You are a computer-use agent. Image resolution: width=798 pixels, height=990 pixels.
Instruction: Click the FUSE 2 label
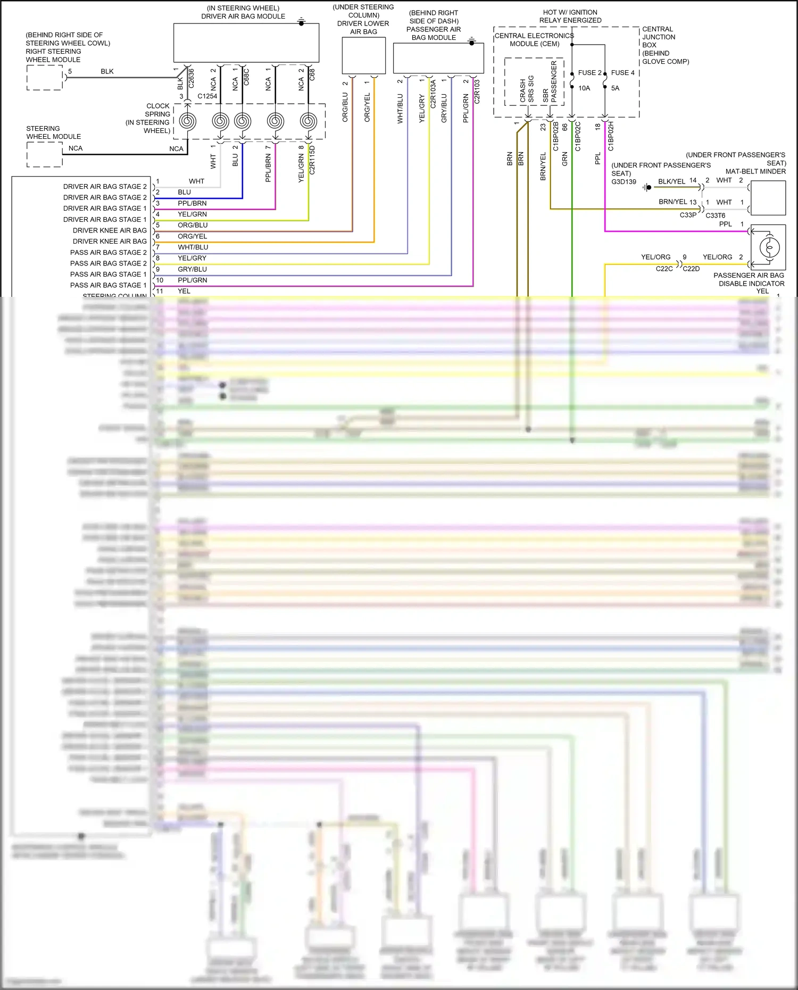[x=589, y=73]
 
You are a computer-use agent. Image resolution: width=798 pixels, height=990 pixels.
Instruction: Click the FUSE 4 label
[x=622, y=73]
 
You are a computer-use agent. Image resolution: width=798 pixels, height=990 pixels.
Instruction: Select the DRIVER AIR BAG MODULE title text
[x=243, y=16]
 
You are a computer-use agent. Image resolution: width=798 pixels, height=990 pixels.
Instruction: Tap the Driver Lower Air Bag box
[x=363, y=55]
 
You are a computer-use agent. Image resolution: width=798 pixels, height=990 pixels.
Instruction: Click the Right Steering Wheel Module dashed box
[x=45, y=78]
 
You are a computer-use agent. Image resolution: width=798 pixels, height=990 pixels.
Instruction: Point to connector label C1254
[x=207, y=96]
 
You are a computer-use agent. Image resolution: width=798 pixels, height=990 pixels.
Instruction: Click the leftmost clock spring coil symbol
[x=187, y=121]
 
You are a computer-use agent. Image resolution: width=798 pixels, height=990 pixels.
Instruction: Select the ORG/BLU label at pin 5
[x=193, y=225]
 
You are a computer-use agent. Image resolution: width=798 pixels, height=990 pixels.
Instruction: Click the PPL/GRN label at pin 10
[x=193, y=280]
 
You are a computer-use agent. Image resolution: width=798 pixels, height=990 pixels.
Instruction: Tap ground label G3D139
[x=624, y=182]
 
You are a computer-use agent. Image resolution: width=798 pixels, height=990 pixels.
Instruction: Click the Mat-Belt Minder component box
[x=767, y=198]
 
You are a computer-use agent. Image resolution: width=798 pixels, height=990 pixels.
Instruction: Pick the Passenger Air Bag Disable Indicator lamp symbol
[x=769, y=247]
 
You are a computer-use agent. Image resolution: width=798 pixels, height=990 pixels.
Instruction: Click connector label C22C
[x=664, y=269]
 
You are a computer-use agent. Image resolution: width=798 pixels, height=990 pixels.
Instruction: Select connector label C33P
[x=688, y=215]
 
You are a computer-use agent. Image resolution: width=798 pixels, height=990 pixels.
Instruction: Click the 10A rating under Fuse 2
[x=584, y=88]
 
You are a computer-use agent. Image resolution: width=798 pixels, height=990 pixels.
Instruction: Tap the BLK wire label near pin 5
[x=107, y=71]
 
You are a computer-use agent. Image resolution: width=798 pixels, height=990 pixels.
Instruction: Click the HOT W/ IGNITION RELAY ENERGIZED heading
[x=570, y=16]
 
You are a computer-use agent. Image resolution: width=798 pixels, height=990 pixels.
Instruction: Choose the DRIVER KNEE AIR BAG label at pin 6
[x=110, y=242]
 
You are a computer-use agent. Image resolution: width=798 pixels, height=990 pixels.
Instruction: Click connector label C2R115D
[x=312, y=160]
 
